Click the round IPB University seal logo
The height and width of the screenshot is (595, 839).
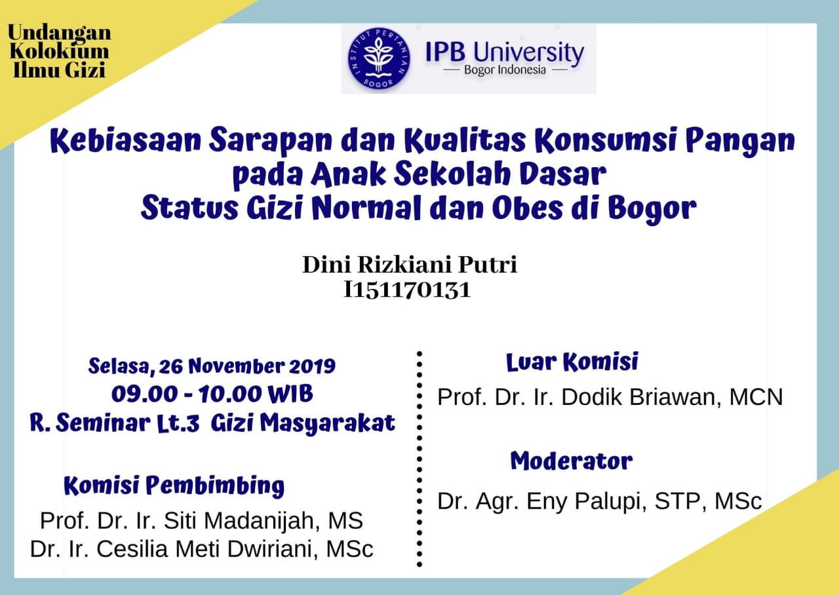pos(379,58)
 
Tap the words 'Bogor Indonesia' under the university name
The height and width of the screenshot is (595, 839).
pos(505,70)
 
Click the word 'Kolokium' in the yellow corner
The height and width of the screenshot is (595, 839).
pos(59,51)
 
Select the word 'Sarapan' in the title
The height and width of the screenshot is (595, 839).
pos(271,140)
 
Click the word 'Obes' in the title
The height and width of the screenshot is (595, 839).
pos(527,208)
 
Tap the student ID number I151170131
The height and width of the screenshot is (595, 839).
pos(407,290)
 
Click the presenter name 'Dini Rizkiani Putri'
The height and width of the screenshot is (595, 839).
pos(410,265)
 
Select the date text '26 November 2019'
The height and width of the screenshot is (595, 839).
pos(247,366)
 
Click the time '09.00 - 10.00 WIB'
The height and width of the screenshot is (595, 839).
pos(212,394)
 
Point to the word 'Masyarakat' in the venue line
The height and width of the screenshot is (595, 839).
pos(328,424)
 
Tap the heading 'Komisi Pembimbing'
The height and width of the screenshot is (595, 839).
pos(174,486)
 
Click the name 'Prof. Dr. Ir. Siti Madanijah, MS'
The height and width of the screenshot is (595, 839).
pos(201,520)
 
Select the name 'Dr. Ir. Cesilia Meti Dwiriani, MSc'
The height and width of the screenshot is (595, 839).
pos(201,549)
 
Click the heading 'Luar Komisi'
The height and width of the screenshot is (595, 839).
pos(572,362)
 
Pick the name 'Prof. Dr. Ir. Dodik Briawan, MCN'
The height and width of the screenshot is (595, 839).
pos(610,397)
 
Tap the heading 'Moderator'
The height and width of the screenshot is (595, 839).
pos(572,461)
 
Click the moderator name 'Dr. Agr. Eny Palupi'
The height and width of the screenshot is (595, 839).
pos(541,501)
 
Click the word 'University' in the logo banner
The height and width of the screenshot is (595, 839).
pos(528,53)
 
